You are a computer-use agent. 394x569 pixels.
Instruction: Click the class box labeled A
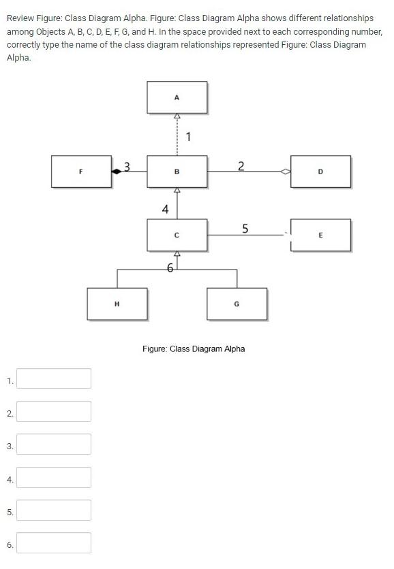click(177, 97)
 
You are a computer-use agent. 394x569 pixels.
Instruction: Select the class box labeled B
click(177, 172)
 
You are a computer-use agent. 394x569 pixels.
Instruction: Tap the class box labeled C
click(177, 235)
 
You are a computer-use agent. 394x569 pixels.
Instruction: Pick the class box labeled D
click(320, 172)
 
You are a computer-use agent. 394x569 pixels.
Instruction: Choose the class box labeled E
click(320, 235)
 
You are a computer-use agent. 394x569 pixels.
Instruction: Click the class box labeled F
click(81, 172)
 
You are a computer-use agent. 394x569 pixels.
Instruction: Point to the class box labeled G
click(237, 304)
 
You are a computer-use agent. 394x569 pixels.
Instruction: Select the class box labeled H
click(117, 304)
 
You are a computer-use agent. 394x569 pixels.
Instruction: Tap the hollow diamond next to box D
click(285, 172)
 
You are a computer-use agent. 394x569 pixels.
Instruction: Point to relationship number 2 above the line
click(240, 165)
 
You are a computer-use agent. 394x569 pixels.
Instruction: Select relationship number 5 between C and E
click(245, 228)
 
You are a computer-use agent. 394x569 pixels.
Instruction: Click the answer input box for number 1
click(54, 378)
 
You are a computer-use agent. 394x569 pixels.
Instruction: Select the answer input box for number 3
click(54, 444)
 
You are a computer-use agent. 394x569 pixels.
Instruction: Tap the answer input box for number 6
click(54, 542)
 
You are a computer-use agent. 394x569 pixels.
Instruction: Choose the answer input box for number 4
click(54, 477)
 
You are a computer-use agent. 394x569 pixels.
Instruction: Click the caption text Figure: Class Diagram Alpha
click(194, 348)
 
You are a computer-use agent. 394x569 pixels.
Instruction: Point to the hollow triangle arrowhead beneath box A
click(177, 116)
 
